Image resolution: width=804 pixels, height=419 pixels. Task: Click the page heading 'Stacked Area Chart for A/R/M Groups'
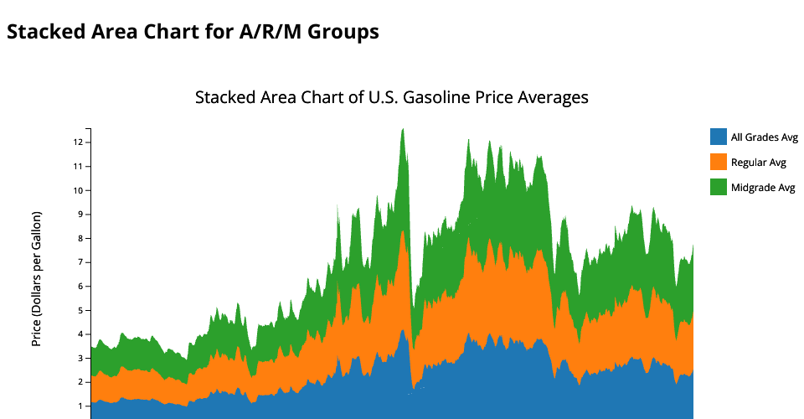[193, 32]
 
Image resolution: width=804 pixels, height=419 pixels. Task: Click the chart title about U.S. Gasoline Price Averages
[391, 97]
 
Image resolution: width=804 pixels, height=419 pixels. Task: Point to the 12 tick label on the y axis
[77, 142]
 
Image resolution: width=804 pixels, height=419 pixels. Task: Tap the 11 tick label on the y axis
[77, 167]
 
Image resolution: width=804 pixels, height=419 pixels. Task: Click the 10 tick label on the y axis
[77, 190]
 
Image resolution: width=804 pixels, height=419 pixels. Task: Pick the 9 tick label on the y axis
[80, 215]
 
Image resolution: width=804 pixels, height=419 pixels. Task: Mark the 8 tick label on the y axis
[80, 239]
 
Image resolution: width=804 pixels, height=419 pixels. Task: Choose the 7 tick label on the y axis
[80, 262]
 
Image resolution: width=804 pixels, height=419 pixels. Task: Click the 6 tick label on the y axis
[80, 287]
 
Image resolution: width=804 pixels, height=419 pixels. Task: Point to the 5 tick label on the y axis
[80, 311]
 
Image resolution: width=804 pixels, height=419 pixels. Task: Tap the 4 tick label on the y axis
[80, 334]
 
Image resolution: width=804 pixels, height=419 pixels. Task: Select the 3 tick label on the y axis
[80, 359]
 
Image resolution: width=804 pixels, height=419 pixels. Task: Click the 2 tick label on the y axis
[80, 383]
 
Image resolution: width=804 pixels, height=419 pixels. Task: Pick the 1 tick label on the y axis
[80, 406]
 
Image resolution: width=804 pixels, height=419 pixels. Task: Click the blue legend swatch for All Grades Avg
[718, 137]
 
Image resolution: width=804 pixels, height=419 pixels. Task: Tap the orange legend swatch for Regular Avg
[718, 162]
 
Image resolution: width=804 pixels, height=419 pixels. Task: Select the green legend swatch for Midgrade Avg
[718, 187]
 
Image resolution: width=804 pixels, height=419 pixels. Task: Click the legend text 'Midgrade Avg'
[762, 188]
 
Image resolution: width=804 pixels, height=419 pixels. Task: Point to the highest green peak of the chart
[403, 130]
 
